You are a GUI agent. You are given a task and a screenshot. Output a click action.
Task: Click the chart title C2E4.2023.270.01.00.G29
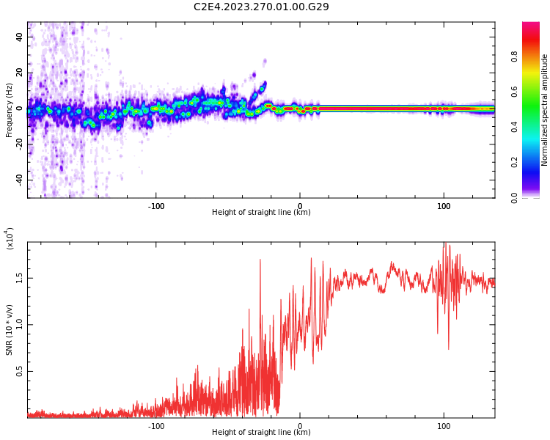point(261,7)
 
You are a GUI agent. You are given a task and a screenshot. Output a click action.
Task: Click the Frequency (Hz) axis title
point(10,109)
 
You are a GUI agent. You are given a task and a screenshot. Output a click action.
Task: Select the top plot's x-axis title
point(261,213)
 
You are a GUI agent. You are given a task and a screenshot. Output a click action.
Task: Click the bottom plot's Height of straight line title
point(261,432)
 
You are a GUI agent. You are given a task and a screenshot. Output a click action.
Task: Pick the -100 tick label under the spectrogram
point(156,206)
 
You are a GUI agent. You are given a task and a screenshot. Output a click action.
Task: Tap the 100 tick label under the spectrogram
point(444,206)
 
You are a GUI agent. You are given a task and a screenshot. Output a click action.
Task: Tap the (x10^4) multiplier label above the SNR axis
point(10,238)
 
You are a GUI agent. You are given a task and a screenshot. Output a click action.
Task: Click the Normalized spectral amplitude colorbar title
point(545,110)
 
